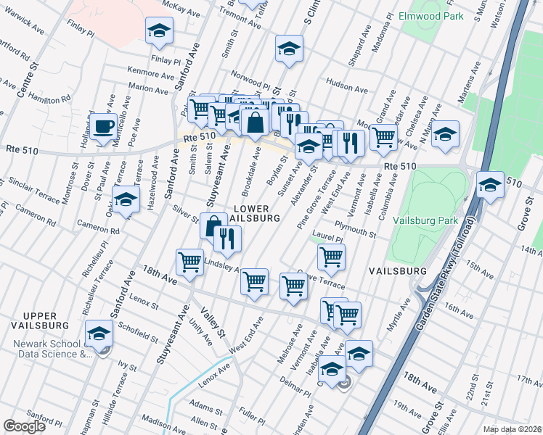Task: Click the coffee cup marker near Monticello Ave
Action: (x=104, y=126)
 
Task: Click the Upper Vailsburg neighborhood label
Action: (x=45, y=321)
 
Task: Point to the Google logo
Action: (x=23, y=426)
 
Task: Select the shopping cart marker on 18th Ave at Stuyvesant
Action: (x=190, y=261)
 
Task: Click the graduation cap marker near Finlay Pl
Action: (x=159, y=30)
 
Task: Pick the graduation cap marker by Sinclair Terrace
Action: (x=126, y=198)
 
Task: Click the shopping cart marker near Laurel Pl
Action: (x=331, y=256)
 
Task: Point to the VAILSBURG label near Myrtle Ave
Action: (x=397, y=270)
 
